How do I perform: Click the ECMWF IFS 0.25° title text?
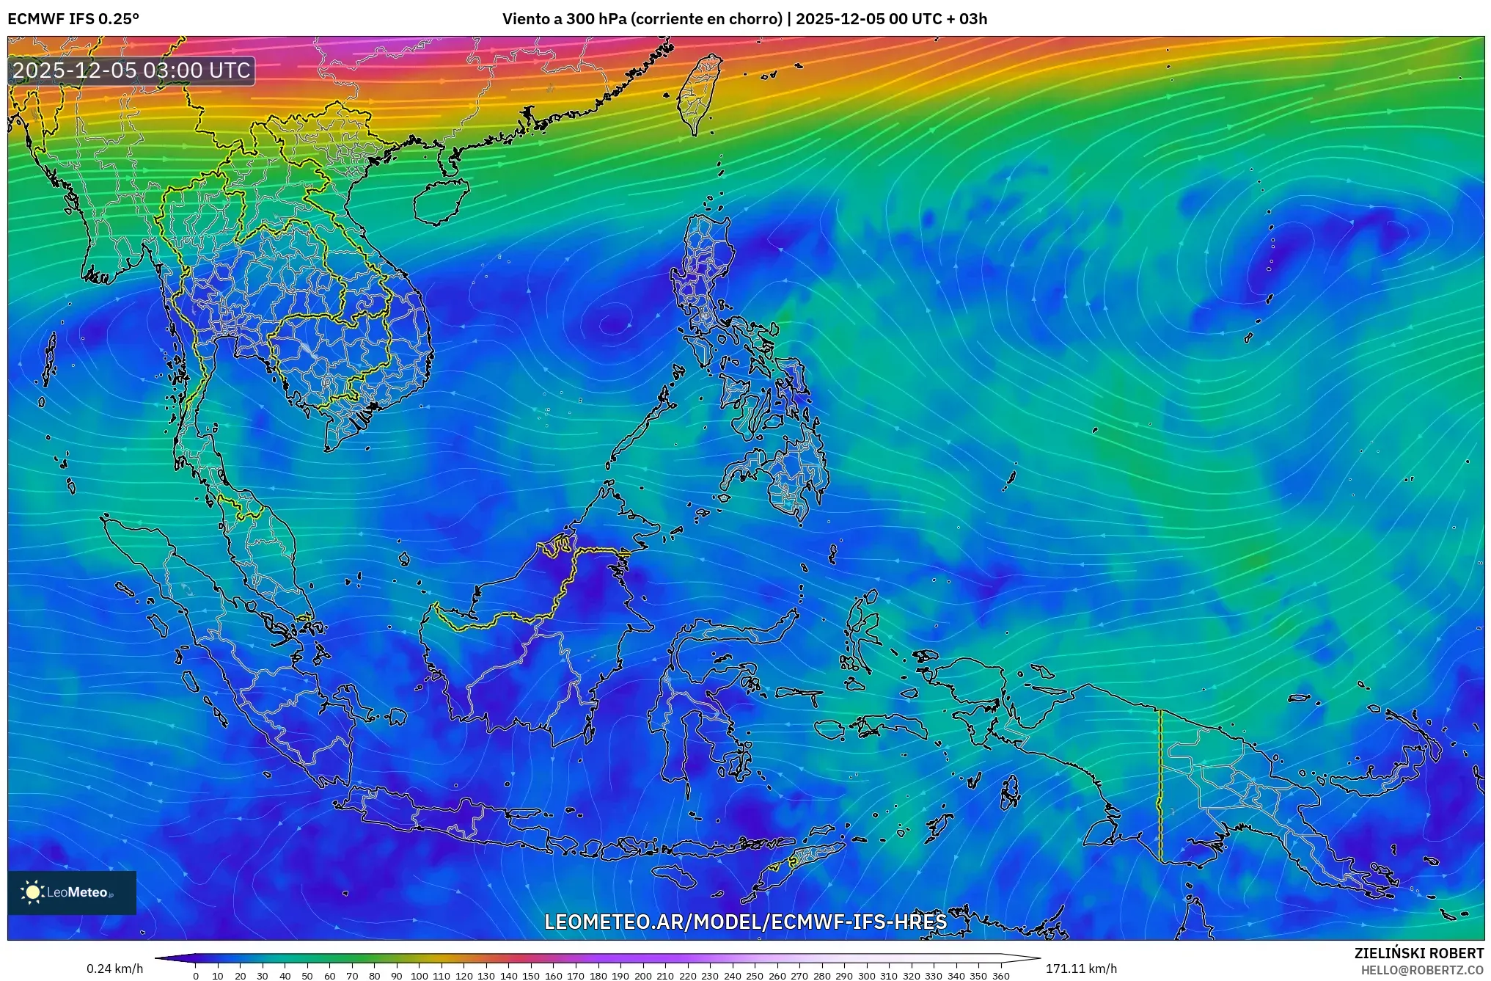click(73, 19)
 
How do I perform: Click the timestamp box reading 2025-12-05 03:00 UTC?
click(132, 70)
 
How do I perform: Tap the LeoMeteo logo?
click(72, 892)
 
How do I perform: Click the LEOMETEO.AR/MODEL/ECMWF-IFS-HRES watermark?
click(745, 922)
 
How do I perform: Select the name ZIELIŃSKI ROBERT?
click(1418, 953)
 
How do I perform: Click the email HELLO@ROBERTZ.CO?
click(1422, 970)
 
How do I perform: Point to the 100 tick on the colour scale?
click(419, 976)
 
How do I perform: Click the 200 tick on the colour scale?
click(642, 976)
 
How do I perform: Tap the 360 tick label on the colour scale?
click(1000, 976)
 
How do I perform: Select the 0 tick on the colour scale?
click(196, 976)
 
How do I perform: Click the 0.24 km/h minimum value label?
click(115, 969)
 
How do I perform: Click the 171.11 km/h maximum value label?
click(1081, 969)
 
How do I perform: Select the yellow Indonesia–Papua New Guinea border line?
click(1160, 785)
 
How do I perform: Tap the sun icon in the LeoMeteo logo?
click(33, 892)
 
